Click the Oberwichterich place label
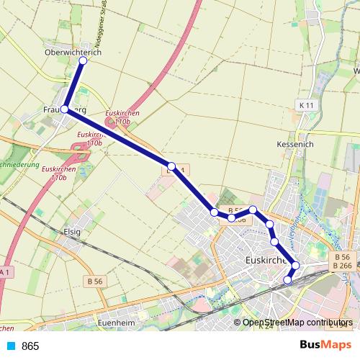click(73, 53)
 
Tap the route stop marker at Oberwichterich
click(82, 61)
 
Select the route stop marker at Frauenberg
click(65, 109)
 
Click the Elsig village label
click(72, 232)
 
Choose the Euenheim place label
click(116, 324)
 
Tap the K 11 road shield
click(306, 106)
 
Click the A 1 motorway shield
click(5, 272)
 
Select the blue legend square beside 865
click(10, 346)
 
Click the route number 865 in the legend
click(30, 346)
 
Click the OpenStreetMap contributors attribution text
click(297, 323)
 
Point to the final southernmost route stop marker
click(289, 280)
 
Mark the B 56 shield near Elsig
click(94, 280)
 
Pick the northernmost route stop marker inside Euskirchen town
click(253, 210)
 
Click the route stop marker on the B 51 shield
click(171, 167)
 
